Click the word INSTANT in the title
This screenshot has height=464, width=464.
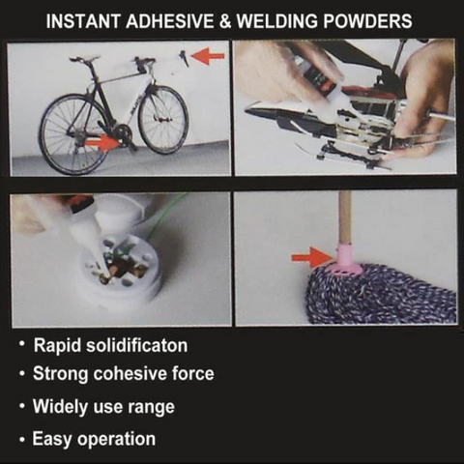pos(83,21)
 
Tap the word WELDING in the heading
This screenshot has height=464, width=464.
pos(277,21)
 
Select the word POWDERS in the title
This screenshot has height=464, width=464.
pos(367,21)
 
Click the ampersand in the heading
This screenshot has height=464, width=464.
pos(224,21)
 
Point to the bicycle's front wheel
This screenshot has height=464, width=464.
pos(163,119)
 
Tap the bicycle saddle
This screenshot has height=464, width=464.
pos(84,59)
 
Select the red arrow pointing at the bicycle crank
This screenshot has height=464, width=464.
pos(103,143)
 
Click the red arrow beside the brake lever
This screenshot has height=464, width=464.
pos(208,56)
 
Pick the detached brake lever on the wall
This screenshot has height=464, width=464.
pos(184,58)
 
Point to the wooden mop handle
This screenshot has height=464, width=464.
pos(345,219)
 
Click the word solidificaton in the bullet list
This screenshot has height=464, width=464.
pos(137,346)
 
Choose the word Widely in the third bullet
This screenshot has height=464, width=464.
pos(60,407)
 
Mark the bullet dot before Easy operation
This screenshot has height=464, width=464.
pos(22,440)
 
